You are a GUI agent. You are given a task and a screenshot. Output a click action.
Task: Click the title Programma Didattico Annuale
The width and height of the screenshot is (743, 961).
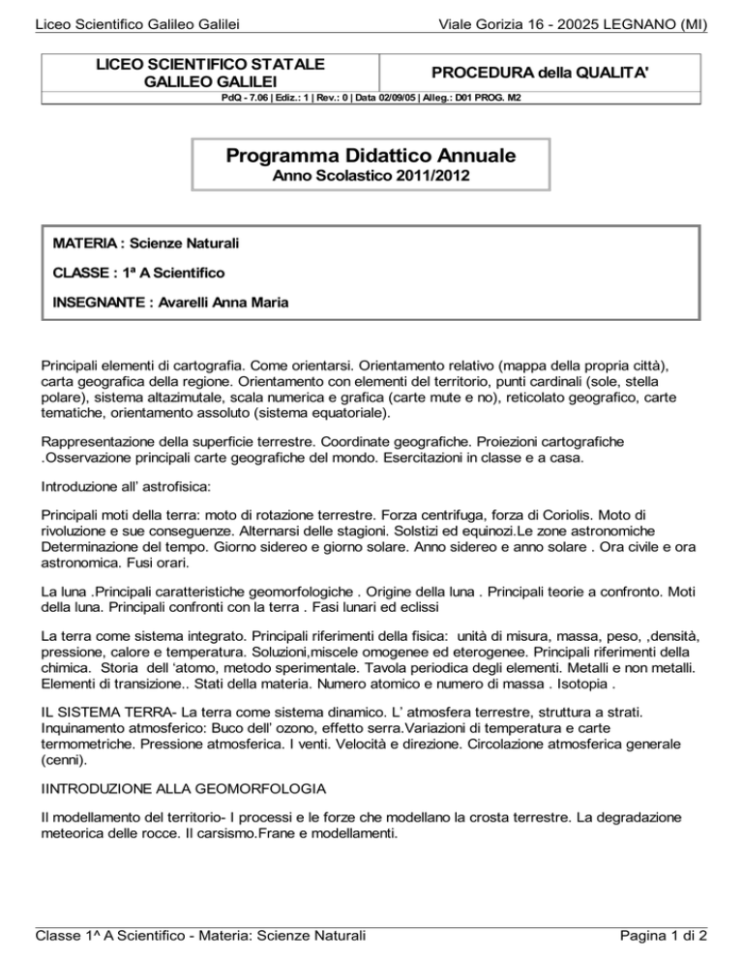click(371, 155)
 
